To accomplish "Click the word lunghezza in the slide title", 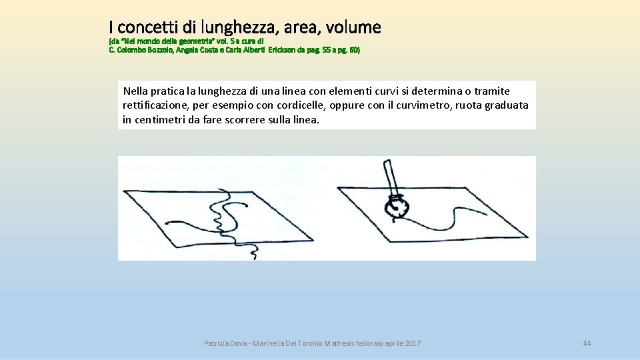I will click(x=241, y=27).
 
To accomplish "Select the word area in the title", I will click(x=302, y=28).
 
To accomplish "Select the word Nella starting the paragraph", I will click(x=135, y=91).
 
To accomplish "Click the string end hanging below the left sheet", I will click(x=253, y=249).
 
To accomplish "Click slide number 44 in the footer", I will click(x=587, y=343).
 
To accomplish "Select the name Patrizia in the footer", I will click(x=217, y=343).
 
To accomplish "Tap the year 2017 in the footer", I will click(x=412, y=343).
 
